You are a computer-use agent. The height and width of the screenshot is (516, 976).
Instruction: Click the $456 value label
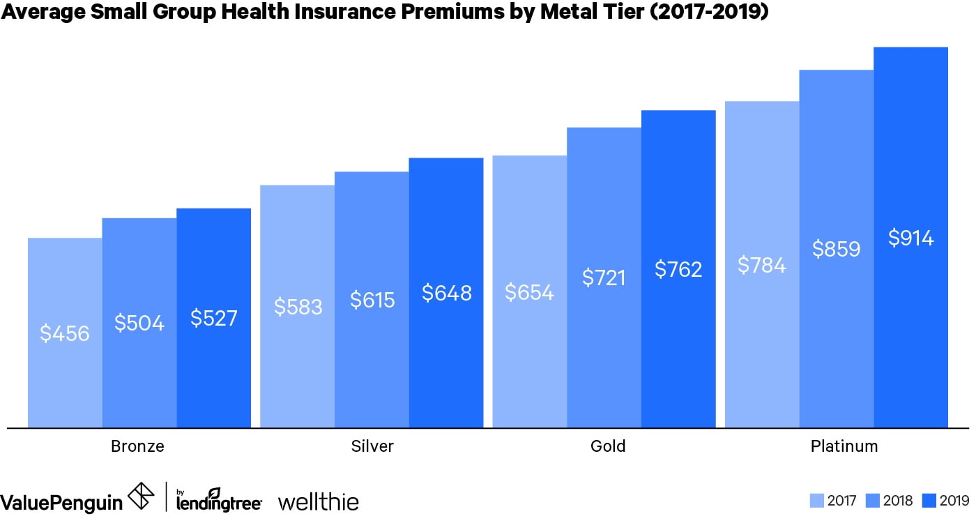tap(65, 333)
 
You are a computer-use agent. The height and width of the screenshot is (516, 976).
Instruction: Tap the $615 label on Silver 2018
tap(372, 300)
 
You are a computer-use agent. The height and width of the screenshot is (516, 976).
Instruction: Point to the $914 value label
tap(910, 238)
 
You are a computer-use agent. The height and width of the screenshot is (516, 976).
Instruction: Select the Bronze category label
tap(137, 446)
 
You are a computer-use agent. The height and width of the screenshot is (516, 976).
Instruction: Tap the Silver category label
tap(372, 446)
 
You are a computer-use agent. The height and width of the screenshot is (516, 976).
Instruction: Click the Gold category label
tap(607, 446)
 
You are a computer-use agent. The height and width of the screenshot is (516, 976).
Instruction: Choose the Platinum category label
tap(844, 446)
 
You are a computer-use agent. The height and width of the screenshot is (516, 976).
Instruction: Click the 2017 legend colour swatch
tap(817, 501)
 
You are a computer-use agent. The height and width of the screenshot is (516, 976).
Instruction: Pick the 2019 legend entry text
tap(955, 501)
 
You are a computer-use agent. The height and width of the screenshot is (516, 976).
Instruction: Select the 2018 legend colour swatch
tap(871, 501)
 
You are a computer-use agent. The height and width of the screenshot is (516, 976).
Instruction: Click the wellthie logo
tap(318, 501)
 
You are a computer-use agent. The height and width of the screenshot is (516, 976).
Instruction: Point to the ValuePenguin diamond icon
tap(142, 496)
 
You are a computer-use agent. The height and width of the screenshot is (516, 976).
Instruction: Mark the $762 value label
tap(678, 269)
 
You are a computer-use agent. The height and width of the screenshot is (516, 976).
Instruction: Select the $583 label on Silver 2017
tap(298, 307)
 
